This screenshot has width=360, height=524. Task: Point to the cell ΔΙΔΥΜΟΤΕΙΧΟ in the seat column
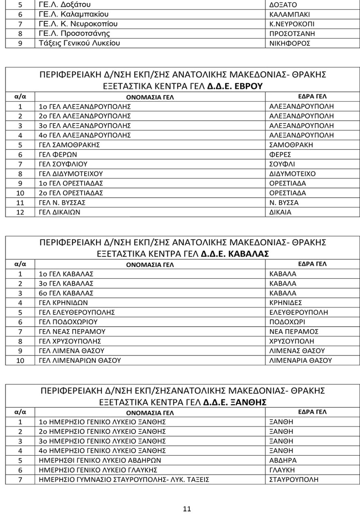[292, 174]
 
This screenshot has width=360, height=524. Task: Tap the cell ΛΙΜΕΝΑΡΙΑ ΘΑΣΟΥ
[300, 360]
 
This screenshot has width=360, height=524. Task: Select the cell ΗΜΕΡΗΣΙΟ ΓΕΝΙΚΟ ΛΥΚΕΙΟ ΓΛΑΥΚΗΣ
[98, 470]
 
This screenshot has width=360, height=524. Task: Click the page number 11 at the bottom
[187, 509]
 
